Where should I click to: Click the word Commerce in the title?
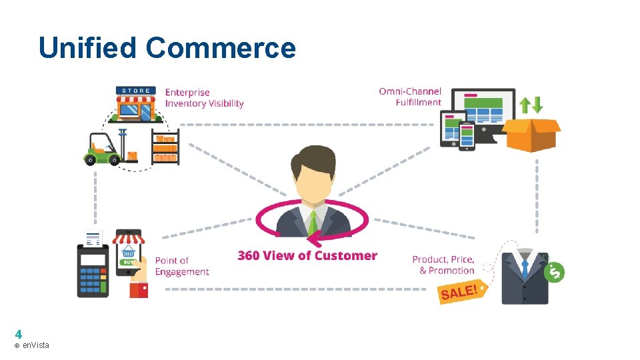pos(221,48)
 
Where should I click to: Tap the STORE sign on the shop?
pos(137,91)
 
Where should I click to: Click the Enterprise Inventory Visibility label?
pos(204,98)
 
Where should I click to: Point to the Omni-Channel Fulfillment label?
pos(410,97)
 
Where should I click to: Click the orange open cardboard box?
pos(531,135)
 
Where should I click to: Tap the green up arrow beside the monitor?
pos(525,105)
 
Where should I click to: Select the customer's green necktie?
pos(312,222)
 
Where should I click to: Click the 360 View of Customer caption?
pos(307,255)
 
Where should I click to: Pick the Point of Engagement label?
pos(181,266)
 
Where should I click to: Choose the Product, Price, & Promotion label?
pos(443,265)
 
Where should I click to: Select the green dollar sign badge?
pos(554,271)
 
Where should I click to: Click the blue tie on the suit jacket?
pos(525,269)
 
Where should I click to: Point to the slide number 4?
pos(18,334)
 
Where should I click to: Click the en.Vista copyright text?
pos(31,345)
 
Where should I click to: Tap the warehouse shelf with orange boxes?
pos(165,147)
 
